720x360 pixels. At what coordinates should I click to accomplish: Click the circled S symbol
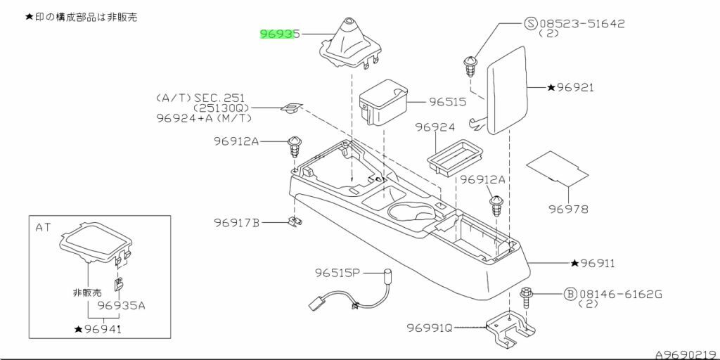(532, 24)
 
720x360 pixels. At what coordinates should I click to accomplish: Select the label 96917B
(237, 223)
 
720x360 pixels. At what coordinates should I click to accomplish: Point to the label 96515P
(337, 272)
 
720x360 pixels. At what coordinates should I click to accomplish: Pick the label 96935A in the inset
(122, 306)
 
